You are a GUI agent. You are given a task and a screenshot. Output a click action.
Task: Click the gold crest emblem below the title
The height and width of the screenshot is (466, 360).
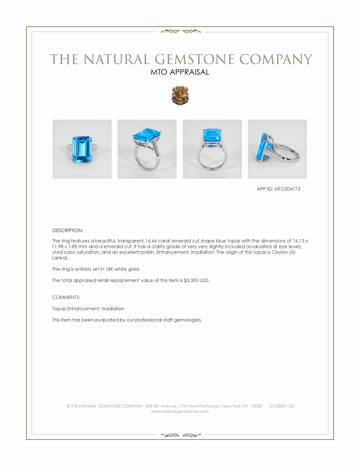[x=180, y=95]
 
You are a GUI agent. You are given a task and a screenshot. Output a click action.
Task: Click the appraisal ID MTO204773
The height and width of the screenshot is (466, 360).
[x=287, y=189]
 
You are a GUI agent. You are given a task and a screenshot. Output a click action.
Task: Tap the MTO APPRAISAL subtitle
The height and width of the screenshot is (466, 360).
[x=180, y=72]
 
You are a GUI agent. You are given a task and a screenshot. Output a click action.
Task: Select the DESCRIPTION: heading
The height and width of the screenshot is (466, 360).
[x=68, y=231]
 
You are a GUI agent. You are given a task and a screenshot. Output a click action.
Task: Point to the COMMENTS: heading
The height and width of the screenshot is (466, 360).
[x=66, y=297]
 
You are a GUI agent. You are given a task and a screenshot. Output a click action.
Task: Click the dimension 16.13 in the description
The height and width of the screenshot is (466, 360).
[x=298, y=241]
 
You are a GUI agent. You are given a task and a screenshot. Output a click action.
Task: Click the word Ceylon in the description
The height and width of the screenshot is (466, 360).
[x=280, y=252]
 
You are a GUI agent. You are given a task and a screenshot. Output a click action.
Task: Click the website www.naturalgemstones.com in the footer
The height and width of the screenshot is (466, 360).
[x=180, y=411]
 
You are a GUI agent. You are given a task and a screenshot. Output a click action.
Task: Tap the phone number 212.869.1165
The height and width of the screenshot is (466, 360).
[x=281, y=406]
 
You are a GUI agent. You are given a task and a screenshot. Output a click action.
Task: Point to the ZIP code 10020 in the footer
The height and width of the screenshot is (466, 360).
[x=256, y=406]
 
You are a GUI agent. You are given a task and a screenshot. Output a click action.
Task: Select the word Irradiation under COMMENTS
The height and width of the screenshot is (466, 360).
[x=113, y=308]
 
